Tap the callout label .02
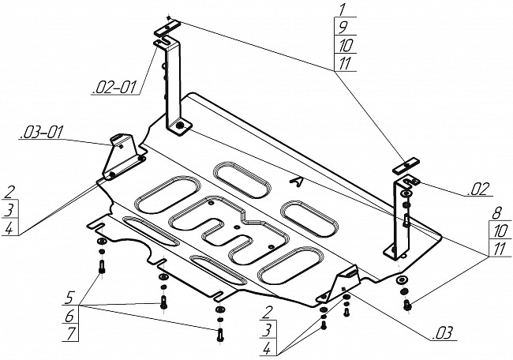478,189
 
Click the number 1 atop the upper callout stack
343,9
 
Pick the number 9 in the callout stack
343,27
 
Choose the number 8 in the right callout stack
496,214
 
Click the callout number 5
69,298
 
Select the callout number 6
70,316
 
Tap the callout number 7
71,334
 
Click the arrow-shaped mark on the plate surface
298,182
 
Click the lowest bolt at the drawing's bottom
220,335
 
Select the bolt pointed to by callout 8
407,306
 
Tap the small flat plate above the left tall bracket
167,28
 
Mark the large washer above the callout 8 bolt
402,280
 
